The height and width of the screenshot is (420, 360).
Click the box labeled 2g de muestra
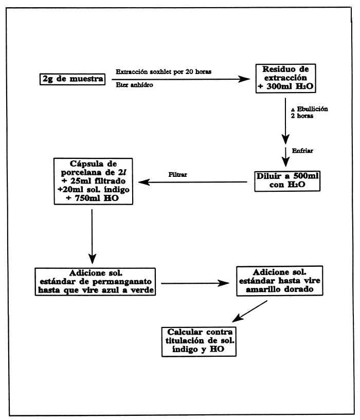(72, 80)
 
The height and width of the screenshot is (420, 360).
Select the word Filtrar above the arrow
(177, 174)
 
